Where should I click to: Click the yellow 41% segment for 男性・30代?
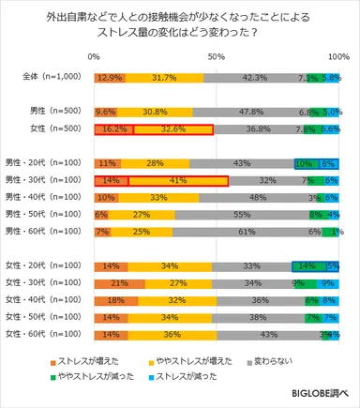click(178, 179)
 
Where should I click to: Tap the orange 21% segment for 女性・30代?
click(119, 282)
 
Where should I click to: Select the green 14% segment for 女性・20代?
click(307, 266)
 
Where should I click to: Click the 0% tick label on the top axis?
click(94, 58)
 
